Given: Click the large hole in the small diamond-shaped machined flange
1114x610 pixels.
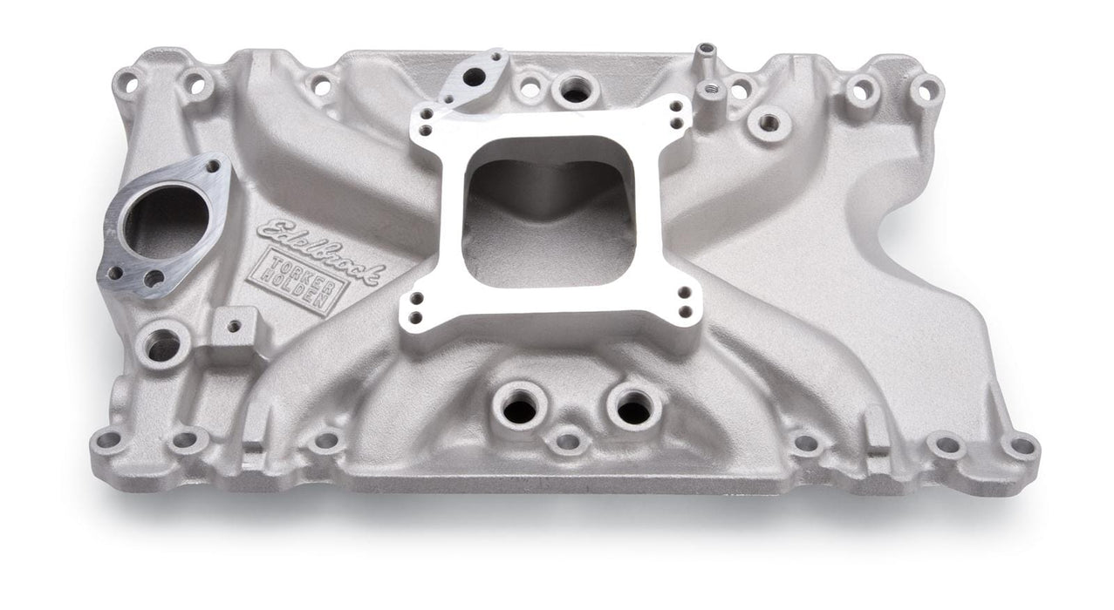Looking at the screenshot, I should click(x=474, y=78).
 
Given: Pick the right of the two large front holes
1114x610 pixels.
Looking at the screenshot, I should click(x=633, y=407).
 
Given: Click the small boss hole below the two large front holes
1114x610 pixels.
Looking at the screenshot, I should click(x=568, y=441).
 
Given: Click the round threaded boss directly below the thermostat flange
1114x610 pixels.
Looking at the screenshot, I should click(x=163, y=345).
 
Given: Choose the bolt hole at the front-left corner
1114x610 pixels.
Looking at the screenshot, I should click(x=107, y=440).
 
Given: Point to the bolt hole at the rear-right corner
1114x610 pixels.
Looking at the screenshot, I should click(x=926, y=90).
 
